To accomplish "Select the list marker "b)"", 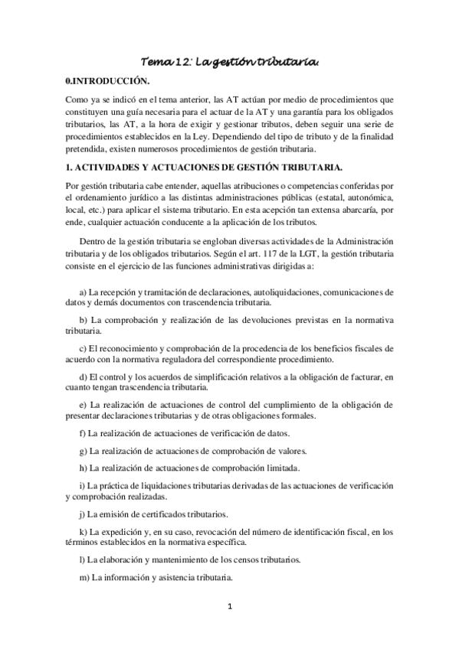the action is click(x=84, y=318).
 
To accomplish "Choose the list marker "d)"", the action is click(x=84, y=378).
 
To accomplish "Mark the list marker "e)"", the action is click(x=84, y=403).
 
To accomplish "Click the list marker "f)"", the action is click(x=84, y=433).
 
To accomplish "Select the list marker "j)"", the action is click(x=84, y=514).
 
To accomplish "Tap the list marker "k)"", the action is click(x=84, y=531).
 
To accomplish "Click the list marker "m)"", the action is click(x=84, y=577).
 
